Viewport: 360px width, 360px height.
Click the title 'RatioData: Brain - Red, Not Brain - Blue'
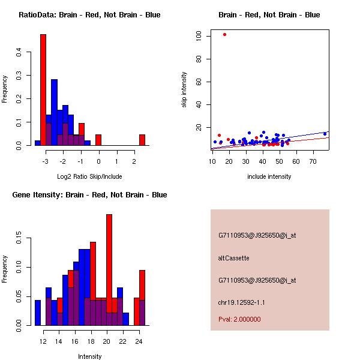coord(89,14)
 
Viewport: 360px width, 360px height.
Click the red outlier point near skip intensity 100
coord(224,34)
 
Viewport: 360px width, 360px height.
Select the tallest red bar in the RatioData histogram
coord(43,90)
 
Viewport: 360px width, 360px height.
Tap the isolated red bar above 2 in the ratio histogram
coord(142,140)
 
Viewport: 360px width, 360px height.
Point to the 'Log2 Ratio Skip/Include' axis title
coord(89,177)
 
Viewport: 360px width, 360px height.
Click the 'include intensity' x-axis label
coord(269,176)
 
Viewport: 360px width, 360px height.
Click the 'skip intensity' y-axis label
coord(185,90)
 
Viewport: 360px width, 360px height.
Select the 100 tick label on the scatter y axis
coord(198,36)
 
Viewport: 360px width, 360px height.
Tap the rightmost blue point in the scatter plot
coord(325,134)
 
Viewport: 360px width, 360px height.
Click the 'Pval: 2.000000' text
coord(239,319)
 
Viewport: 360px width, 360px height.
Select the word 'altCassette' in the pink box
coord(234,258)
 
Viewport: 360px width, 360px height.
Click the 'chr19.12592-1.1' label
coord(242,302)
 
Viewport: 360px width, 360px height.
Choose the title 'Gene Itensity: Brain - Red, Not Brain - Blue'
coord(89,195)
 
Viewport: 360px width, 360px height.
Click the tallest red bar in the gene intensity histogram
coord(109,270)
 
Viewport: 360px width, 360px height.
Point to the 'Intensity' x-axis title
coord(90,356)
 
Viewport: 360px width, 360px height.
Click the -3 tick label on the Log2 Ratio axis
coord(45,161)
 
